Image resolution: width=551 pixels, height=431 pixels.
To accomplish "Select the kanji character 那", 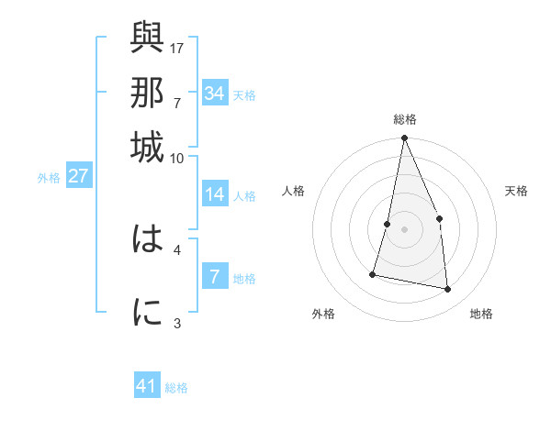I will pyautogui.click(x=147, y=93).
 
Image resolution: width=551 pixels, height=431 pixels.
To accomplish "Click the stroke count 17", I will pyautogui.click(x=178, y=47).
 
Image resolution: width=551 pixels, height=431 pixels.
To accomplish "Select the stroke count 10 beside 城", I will pyautogui.click(x=177, y=158).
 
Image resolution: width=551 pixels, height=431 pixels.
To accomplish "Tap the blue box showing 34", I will pyautogui.click(x=214, y=94).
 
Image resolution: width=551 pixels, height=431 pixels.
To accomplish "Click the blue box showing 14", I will pyautogui.click(x=214, y=194).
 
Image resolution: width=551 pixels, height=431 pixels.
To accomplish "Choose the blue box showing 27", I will pyautogui.click(x=78, y=176).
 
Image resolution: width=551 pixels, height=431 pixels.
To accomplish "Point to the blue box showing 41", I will pyautogui.click(x=147, y=386).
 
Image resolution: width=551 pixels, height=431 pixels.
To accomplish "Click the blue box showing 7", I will pyautogui.click(x=214, y=277).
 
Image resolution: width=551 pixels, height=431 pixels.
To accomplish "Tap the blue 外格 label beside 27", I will pyautogui.click(x=49, y=178).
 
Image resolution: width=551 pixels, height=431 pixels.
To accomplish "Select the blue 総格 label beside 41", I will pyautogui.click(x=176, y=388).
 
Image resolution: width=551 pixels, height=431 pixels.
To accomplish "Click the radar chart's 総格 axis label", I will pyautogui.click(x=404, y=119).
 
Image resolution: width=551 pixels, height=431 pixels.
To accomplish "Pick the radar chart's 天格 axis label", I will pyautogui.click(x=516, y=191).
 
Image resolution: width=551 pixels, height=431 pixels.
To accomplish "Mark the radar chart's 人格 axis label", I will pyautogui.click(x=293, y=191).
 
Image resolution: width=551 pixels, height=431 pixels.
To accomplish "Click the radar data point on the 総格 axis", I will pyautogui.click(x=404, y=138).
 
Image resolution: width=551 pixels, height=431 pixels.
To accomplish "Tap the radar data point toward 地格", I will pyautogui.click(x=448, y=289).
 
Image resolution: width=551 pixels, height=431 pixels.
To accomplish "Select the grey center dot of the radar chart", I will pyautogui.click(x=404, y=228).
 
